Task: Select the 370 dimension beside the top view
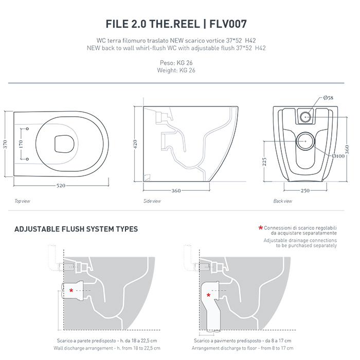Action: pyautogui.click(x=5, y=145)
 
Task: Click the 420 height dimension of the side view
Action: pyautogui.click(x=135, y=144)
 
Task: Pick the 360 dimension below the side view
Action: pyautogui.click(x=175, y=191)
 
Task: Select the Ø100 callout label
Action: pyautogui.click(x=338, y=156)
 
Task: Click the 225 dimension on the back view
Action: pyautogui.click(x=264, y=162)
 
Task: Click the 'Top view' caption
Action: pyautogui.click(x=22, y=201)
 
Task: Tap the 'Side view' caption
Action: pyautogui.click(x=152, y=201)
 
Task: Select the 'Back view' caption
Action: pyautogui.click(x=283, y=201)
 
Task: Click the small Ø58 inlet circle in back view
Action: pyautogui.click(x=305, y=117)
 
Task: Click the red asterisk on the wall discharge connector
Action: pyautogui.click(x=71, y=291)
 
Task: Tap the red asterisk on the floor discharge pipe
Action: pyautogui.click(x=208, y=295)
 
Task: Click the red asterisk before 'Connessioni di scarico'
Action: pyautogui.click(x=261, y=228)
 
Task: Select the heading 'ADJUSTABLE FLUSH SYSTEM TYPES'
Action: pyautogui.click(x=76, y=229)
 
